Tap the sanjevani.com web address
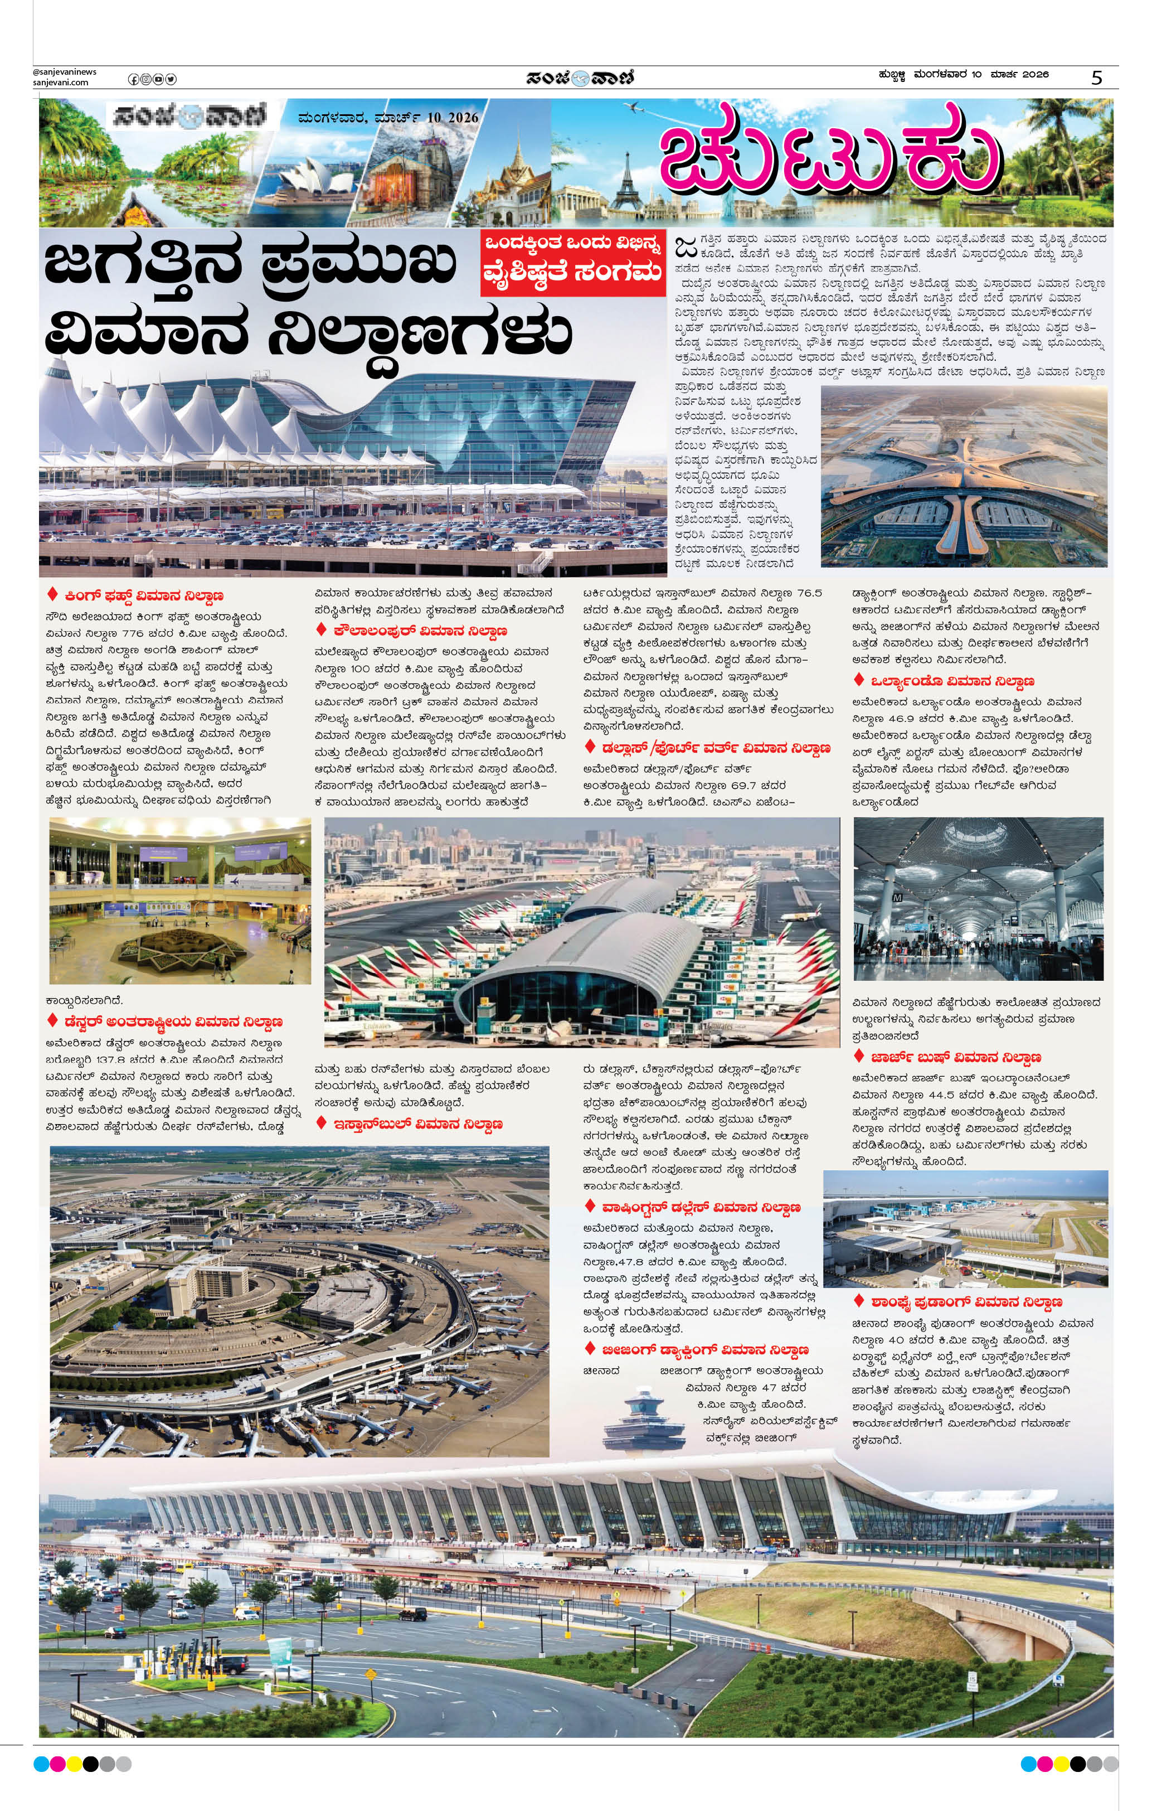60,83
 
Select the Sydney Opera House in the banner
308,183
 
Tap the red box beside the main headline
573,263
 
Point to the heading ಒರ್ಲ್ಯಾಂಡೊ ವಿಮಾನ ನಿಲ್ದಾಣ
952,681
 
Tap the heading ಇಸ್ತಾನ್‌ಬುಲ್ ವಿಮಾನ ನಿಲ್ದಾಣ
417,1124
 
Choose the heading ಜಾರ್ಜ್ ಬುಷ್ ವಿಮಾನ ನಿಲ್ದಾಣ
956,1057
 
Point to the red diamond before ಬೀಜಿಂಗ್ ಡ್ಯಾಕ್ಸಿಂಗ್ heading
590,1348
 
